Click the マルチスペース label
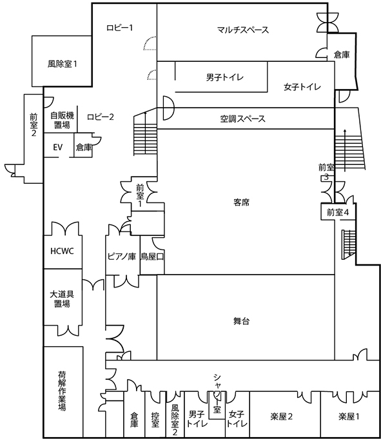tap(243, 30)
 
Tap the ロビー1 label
tap(119, 28)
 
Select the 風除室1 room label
tap(62, 64)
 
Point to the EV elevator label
tap(57, 147)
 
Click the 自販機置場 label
tap(62, 120)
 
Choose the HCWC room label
tap(62, 251)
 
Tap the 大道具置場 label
tap(62, 299)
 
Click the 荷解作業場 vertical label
tap(62, 391)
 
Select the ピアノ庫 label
tap(122, 256)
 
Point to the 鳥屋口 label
tap(152, 256)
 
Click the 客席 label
tap(241, 202)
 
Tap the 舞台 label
tap(241, 321)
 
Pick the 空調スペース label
tap(242, 119)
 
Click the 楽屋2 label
tap(282, 416)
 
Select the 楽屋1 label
tap(349, 416)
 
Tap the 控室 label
tap(155, 420)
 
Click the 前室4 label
tap(338, 213)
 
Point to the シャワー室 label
tap(217, 393)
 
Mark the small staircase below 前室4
tap(349, 244)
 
